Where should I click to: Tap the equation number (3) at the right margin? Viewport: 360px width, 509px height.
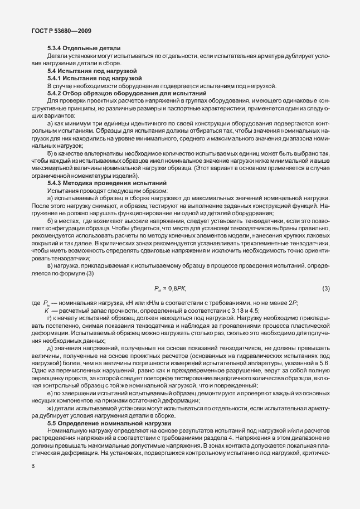point(326,288)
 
